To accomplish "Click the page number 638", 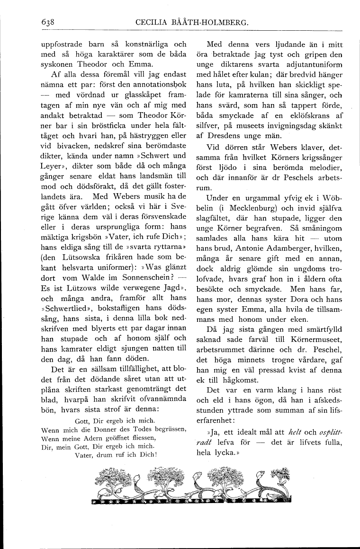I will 49,22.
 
